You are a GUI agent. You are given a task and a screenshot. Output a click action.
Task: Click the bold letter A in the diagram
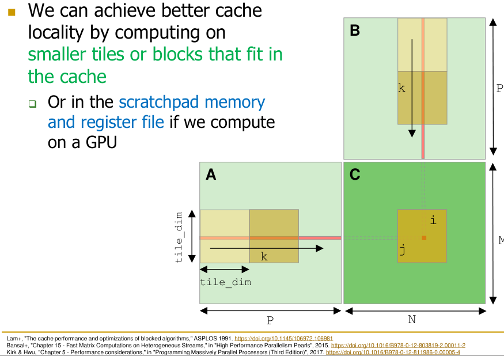211,175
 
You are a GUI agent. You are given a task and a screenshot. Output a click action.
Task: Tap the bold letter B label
355,31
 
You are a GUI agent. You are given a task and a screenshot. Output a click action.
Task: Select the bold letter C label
355,175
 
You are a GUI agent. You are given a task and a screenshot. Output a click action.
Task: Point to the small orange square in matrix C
424,238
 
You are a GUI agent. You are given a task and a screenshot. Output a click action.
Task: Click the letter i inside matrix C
433,220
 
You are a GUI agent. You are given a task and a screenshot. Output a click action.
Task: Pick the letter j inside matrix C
403,250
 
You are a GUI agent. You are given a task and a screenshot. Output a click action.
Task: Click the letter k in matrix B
402,88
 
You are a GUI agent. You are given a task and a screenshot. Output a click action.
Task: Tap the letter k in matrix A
264,257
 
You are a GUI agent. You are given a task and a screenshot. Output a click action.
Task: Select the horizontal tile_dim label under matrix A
225,282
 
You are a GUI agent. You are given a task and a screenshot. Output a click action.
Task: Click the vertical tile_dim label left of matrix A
180,237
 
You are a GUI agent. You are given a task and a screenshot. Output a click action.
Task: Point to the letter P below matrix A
270,320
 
